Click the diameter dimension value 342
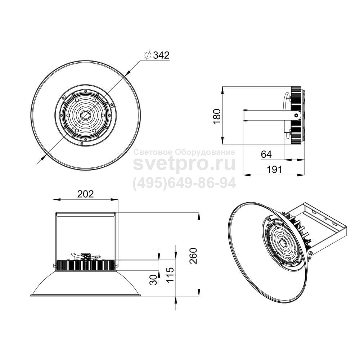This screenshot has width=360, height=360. coord(161,55)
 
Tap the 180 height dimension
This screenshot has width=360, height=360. coord(217,116)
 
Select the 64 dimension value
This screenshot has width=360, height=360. coord(266,154)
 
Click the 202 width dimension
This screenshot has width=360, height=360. coord(85,194)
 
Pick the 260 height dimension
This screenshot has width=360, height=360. coord(193,256)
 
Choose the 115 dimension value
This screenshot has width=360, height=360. coord(170,275)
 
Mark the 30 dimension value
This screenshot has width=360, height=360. coord(154,280)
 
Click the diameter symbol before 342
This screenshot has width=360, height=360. coord(148,55)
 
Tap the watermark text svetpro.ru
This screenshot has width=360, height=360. coord(184,163)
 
